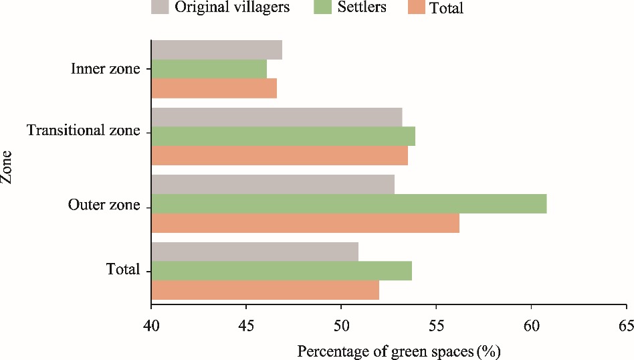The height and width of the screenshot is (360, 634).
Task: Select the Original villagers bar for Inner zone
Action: pos(217,50)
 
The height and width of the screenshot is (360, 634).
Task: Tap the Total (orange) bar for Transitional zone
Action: pos(280,156)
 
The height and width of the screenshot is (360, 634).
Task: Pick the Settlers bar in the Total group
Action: pos(282,271)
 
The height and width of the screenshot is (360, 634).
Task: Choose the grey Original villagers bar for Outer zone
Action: pos(273,184)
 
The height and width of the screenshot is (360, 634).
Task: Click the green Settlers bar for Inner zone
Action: pos(209,69)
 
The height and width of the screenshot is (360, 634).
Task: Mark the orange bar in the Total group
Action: pos(266,290)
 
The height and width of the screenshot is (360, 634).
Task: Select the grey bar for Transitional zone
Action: pos(277,116)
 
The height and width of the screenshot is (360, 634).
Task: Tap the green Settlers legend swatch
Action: pos(322,7)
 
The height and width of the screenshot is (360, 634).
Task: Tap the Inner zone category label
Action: pos(106,69)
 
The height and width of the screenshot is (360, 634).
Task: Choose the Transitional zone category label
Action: pos(84,130)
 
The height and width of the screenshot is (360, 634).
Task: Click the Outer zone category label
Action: pos(104,204)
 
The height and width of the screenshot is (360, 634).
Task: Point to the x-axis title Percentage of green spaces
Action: pos(399,351)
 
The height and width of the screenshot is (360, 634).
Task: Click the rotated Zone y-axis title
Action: pos(8,170)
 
